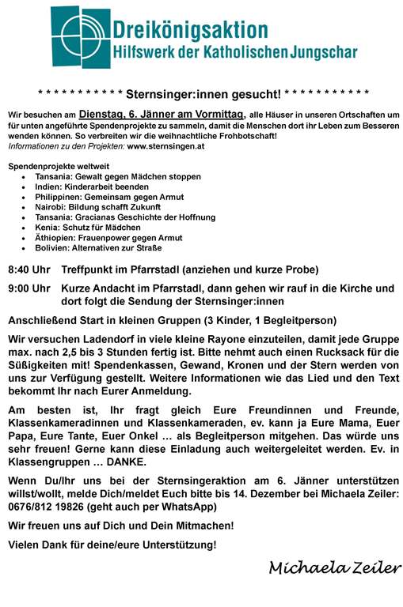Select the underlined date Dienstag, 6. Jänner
coord(125,114)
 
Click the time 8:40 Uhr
coord(29,270)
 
